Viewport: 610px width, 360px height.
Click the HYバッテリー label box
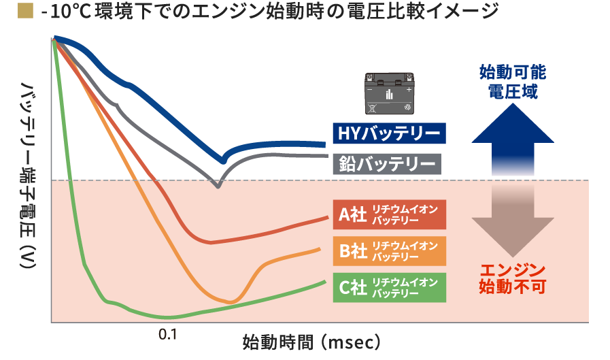389,133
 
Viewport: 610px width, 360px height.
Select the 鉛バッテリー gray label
387,164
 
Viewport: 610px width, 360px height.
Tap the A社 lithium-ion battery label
390,215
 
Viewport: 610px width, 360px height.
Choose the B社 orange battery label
390,251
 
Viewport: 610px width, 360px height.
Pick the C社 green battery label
390,288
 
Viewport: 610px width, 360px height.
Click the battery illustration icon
390,93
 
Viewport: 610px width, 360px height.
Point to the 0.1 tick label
168,334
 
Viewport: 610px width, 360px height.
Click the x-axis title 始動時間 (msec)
311,342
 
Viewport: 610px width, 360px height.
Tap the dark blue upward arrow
513,140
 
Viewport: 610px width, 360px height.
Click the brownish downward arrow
513,220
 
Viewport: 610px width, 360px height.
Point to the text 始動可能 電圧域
513,82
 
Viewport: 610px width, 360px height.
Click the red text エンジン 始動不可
513,278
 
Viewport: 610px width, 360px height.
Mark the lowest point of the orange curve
231,301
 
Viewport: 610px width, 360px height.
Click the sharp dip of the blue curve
223,161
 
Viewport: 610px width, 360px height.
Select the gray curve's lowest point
218,186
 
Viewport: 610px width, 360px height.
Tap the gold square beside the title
25,11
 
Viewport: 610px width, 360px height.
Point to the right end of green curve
325,282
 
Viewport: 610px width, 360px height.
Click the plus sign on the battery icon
409,90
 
